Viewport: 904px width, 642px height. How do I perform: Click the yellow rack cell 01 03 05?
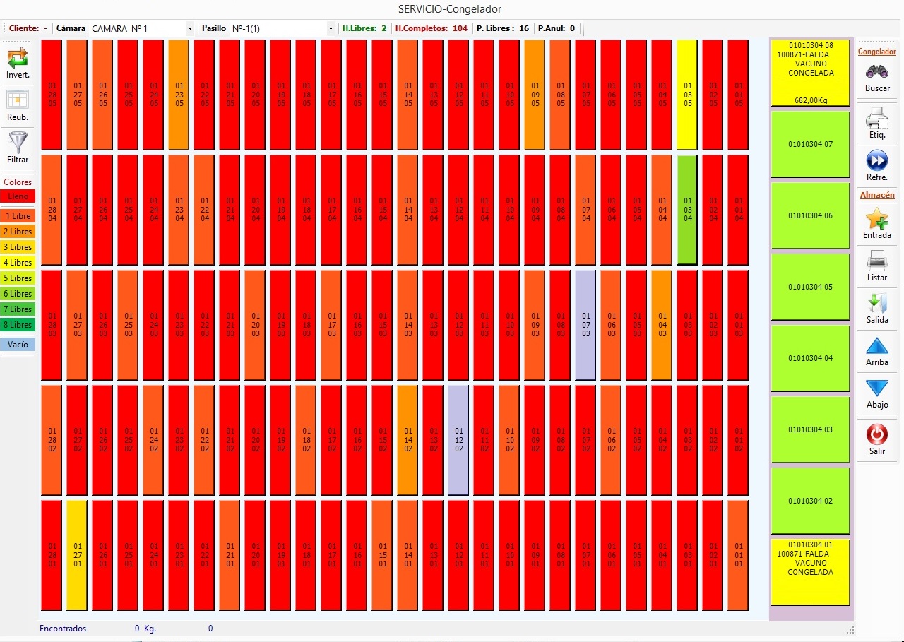click(687, 94)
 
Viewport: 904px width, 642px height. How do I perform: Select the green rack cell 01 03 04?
click(687, 209)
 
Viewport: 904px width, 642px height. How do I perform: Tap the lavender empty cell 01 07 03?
click(585, 324)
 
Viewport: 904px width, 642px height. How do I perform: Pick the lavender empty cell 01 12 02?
click(458, 439)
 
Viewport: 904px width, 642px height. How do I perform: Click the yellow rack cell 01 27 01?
click(77, 554)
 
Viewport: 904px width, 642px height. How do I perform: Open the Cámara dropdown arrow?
click(190, 28)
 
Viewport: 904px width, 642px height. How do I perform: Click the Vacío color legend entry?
click(18, 345)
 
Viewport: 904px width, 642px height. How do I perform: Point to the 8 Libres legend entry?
click(18, 325)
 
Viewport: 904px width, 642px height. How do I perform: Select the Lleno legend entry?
click(18, 196)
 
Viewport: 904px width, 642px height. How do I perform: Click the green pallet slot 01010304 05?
click(810, 287)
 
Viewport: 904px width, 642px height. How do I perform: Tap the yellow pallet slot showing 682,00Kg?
click(810, 73)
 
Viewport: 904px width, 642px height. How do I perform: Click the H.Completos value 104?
click(460, 28)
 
